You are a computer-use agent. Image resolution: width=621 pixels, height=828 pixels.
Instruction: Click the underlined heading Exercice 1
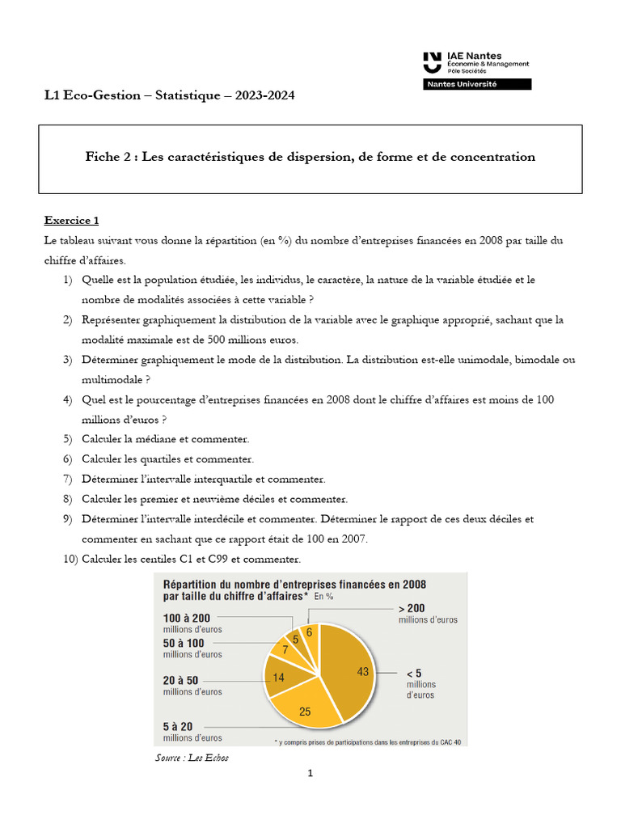71,220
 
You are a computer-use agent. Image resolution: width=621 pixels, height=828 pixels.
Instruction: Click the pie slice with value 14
280,676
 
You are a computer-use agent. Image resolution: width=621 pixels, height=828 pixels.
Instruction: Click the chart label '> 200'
412,608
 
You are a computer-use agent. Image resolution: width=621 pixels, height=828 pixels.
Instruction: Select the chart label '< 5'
413,673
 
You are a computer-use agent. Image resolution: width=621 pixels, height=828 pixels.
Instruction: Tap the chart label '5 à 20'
179,726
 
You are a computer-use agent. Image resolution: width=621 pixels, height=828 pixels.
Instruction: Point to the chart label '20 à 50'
180,681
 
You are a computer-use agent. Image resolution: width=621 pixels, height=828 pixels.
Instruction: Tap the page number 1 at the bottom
310,774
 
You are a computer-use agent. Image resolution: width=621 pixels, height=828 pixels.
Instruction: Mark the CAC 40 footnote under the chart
371,741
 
